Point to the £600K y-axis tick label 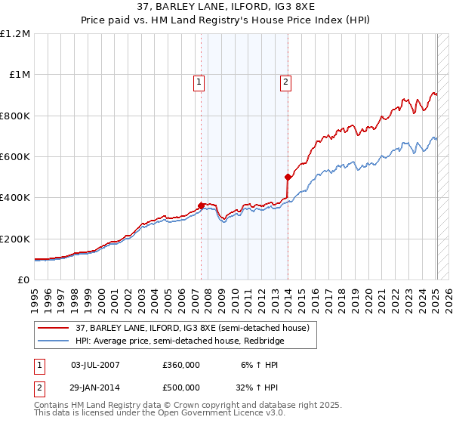15,157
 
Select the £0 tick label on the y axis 24,280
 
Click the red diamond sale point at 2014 288,178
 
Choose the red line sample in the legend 54,328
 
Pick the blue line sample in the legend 54,341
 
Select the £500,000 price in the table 181,387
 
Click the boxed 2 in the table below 39,387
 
